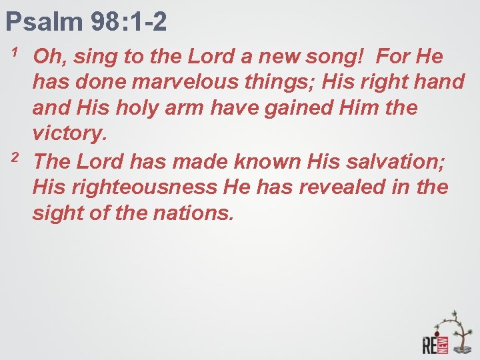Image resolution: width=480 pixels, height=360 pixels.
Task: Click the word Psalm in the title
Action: (42, 21)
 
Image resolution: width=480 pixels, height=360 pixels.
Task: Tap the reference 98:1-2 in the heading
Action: (127, 21)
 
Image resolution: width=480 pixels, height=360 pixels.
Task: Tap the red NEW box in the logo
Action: (443, 345)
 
